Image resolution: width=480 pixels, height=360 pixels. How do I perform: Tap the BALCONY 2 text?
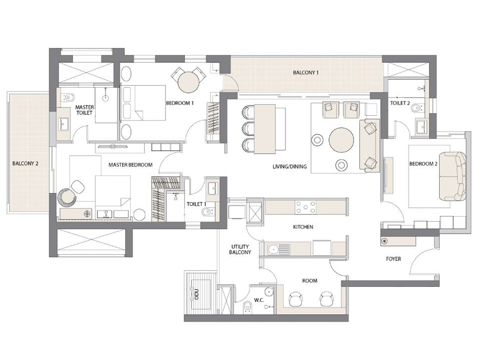25,164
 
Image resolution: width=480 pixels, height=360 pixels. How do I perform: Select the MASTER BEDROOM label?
130,165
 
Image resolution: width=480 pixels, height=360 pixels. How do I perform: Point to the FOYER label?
393,258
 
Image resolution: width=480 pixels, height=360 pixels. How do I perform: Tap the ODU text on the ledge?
195,294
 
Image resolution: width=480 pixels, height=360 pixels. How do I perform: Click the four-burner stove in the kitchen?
305,207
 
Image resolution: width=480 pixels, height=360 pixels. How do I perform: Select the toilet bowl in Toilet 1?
207,213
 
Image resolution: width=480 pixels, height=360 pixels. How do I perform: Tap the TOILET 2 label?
400,103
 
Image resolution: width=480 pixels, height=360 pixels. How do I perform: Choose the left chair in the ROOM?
296,299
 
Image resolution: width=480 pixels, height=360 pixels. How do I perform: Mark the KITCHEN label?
303,227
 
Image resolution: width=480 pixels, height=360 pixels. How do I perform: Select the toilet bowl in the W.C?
247,307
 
